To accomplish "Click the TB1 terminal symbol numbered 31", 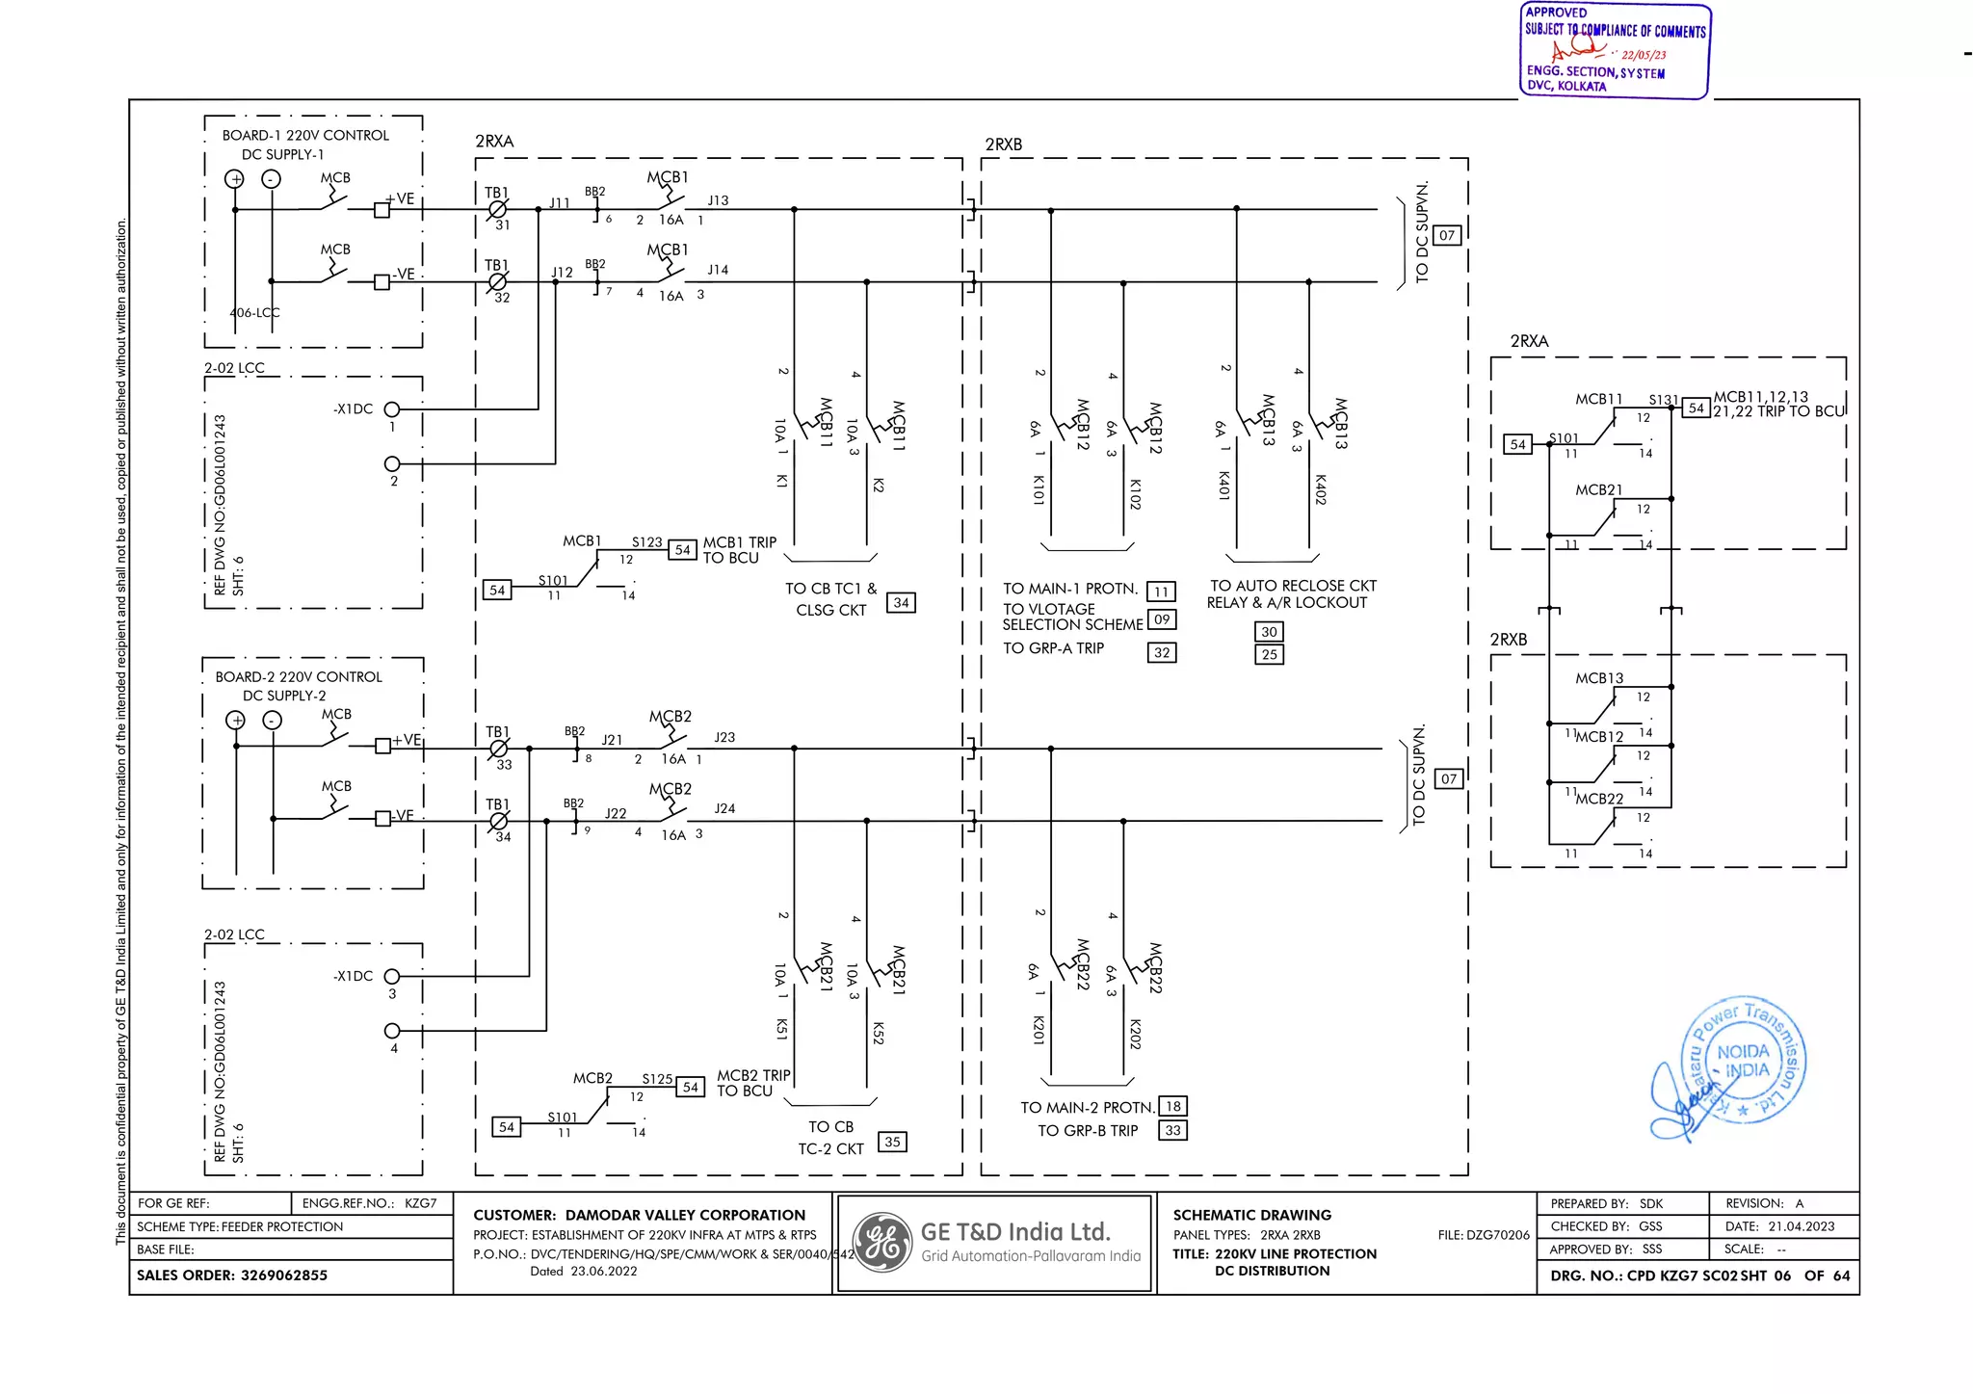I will (497, 209).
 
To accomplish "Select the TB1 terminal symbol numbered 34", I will (498, 821).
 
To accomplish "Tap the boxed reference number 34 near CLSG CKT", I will (901, 603).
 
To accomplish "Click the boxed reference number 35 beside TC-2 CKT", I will (892, 1142).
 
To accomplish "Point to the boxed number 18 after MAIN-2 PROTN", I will (1172, 1106).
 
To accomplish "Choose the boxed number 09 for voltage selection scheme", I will (1162, 619).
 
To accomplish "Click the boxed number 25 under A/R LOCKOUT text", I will (1269, 654).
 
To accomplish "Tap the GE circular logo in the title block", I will (882, 1243).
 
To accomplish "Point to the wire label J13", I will (718, 200).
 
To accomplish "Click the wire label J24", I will (724, 808).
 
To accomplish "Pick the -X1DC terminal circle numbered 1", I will (392, 409).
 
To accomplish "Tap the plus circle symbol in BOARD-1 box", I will (234, 179).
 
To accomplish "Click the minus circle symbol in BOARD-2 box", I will (273, 721).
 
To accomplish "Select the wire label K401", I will (1223, 486).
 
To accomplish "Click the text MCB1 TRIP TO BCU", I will (739, 550).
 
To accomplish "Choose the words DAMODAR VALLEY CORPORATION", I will (685, 1215).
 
